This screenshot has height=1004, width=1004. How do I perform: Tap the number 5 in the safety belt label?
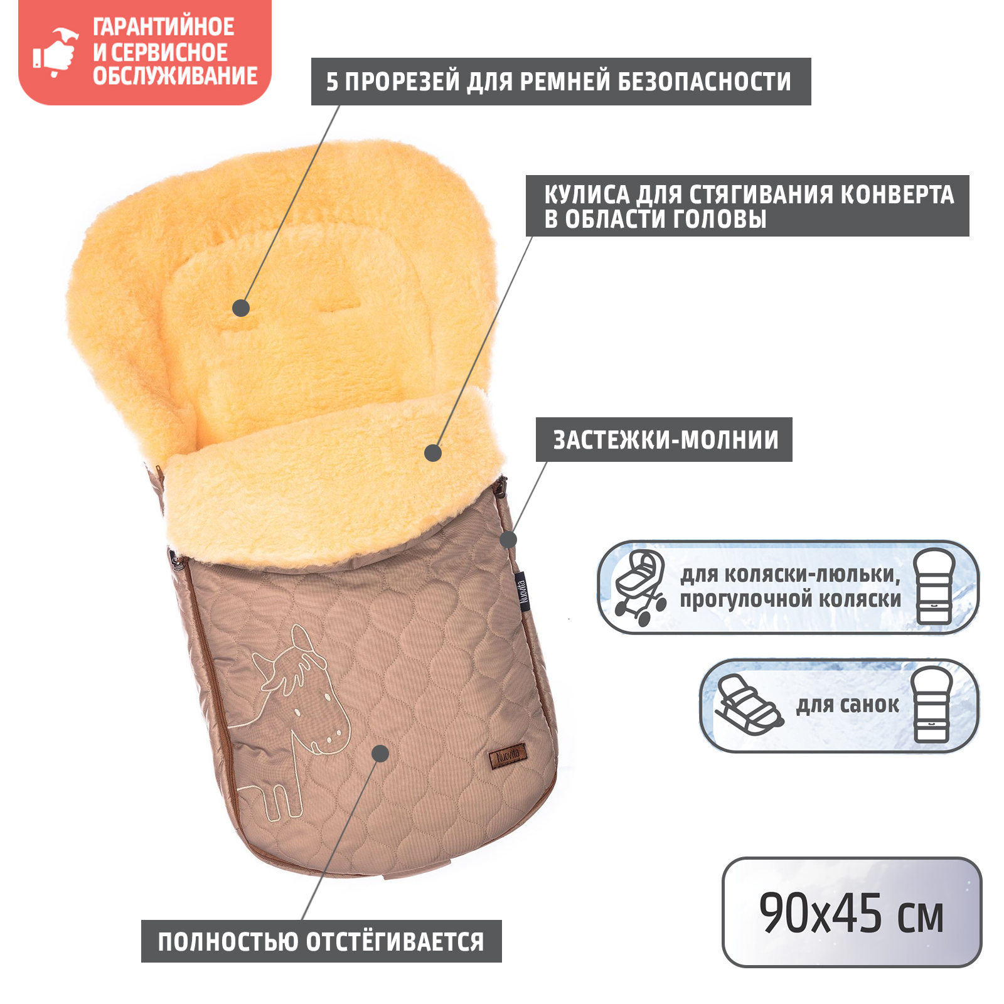click(332, 82)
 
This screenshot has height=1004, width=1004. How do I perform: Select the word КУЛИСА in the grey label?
click(586, 195)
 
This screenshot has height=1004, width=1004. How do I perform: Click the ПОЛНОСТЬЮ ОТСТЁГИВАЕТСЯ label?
click(321, 941)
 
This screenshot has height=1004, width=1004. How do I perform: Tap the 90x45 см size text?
click(851, 913)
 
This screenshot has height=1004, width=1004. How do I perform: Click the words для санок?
click(847, 705)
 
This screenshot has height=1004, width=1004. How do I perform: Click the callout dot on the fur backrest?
click(241, 308)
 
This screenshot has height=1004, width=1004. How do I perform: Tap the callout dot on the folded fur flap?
click(433, 452)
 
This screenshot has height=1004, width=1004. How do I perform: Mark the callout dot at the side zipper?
click(508, 539)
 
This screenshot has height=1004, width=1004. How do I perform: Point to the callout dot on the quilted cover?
click(380, 753)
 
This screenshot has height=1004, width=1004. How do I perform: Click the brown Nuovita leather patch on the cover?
click(508, 756)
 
